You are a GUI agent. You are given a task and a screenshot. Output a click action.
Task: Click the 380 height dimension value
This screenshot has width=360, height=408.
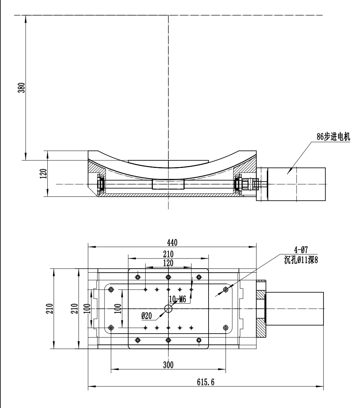pyautogui.click(x=22, y=88)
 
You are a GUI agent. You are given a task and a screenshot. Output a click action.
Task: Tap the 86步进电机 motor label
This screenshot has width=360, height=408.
pyautogui.click(x=333, y=136)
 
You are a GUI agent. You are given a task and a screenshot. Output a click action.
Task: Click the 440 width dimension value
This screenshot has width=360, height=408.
pyautogui.click(x=172, y=243)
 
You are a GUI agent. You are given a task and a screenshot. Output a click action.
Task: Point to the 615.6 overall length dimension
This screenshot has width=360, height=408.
pyautogui.click(x=206, y=382)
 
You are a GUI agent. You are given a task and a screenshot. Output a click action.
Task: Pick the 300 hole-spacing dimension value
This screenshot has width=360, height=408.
pyautogui.click(x=168, y=365)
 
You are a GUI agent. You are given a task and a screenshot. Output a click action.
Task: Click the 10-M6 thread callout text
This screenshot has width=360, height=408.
pyautogui.click(x=178, y=299)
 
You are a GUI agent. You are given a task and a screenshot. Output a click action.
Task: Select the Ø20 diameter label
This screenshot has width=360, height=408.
pyautogui.click(x=146, y=316)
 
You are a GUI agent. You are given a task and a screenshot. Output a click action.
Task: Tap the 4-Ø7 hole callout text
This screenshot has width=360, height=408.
pyautogui.click(x=301, y=250)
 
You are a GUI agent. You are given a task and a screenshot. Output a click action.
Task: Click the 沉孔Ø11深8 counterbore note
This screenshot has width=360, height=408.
pyautogui.click(x=301, y=260)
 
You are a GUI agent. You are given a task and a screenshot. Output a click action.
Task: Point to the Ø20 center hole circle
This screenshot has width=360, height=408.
pyautogui.click(x=168, y=309)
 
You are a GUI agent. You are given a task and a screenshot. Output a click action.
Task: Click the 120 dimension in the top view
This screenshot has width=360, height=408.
pyautogui.click(x=168, y=263)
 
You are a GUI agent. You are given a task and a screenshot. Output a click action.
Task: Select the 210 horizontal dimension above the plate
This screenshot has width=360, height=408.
pyautogui.click(x=168, y=254)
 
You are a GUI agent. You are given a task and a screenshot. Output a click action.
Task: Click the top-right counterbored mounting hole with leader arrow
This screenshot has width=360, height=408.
pyautogui.click(x=226, y=289)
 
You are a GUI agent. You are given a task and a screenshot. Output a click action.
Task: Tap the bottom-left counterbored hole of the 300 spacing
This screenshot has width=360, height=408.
pyautogui.click(x=111, y=327)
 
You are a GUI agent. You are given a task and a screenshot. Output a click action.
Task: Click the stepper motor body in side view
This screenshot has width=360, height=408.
pyautogui.click(x=296, y=184)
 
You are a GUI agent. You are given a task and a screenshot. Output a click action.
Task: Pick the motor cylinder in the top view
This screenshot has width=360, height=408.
pyautogui.click(x=295, y=309)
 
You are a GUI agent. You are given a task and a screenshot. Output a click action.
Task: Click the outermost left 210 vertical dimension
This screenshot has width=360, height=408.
pyautogui.click(x=53, y=309)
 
